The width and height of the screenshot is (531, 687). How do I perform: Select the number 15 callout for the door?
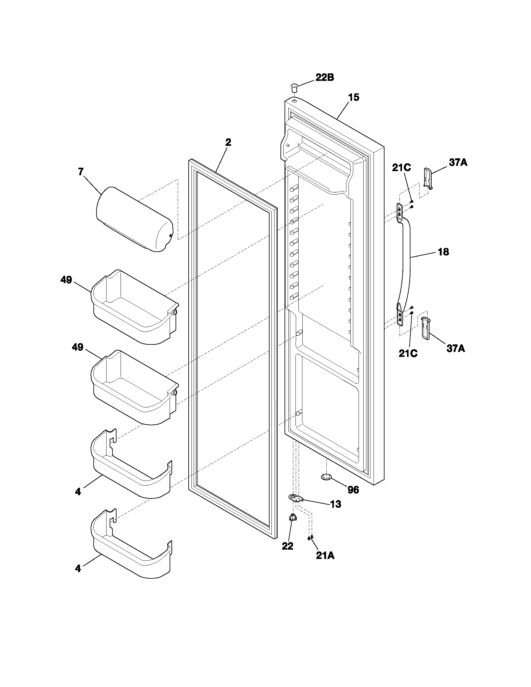(x=353, y=97)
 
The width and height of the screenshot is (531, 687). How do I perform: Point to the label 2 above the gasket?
(x=228, y=142)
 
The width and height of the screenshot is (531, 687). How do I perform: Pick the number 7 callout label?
(x=81, y=172)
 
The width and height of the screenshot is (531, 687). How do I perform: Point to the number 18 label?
(x=443, y=252)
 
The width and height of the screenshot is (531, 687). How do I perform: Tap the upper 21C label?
(x=401, y=168)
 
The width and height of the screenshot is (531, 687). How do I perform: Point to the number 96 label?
(x=353, y=490)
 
